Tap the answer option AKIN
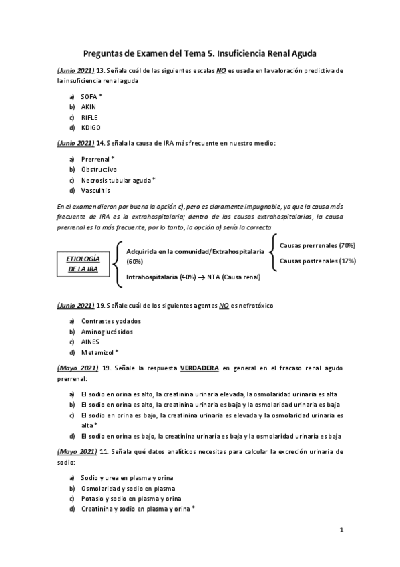pos(89,107)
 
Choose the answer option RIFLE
pos(89,117)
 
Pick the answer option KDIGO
pos(91,128)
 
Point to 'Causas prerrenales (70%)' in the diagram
pos(317,246)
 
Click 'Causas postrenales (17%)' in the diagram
pos(317,261)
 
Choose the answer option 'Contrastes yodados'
pos(111,321)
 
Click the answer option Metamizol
pos(98,352)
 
